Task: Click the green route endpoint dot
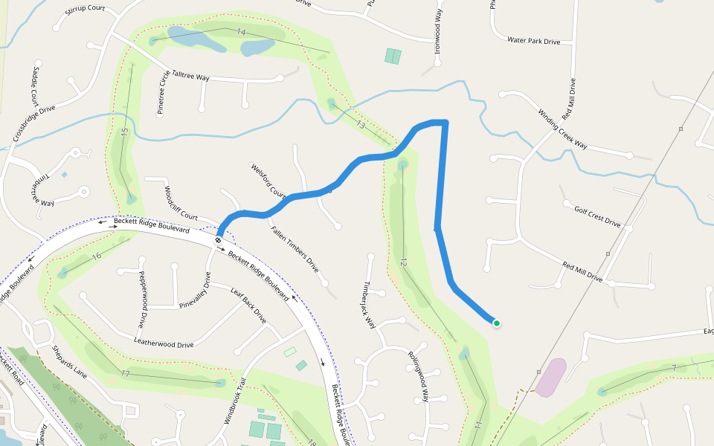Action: point(496,323)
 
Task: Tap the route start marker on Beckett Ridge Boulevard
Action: point(219,240)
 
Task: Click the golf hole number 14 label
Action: point(241,32)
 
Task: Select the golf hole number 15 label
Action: point(125,132)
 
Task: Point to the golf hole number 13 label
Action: point(360,123)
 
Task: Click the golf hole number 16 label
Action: point(96,256)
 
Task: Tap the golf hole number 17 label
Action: point(126,372)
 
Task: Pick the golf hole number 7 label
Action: point(673,368)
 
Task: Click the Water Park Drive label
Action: point(533,41)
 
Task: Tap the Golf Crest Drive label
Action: point(597,216)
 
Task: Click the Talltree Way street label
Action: point(190,76)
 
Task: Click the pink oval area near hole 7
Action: point(551,378)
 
